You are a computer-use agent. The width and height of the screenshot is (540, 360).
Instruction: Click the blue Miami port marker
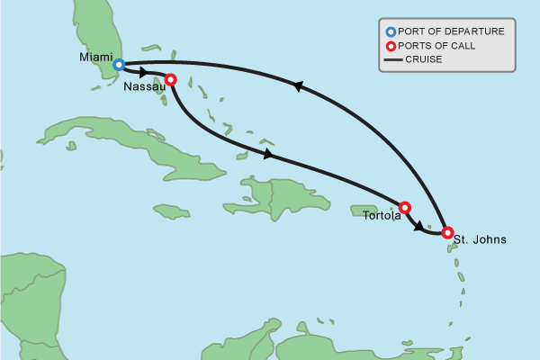pos(118,65)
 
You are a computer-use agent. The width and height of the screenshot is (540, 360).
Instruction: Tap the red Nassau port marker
pos(170,79)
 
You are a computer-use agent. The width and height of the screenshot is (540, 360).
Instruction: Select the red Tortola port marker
pos(404,207)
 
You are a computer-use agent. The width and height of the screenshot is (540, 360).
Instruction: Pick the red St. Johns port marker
pos(446,232)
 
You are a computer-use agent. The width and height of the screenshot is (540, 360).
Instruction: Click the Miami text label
pos(95,58)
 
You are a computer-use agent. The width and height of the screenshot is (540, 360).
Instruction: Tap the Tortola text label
pos(382,215)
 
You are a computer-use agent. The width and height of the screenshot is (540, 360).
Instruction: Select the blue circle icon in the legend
pos(390,31)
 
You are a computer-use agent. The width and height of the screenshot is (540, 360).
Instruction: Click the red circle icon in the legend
pos(390,46)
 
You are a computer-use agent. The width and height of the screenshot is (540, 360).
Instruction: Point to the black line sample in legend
pos(391,60)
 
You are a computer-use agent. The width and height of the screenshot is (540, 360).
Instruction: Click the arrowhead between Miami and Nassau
pos(144,72)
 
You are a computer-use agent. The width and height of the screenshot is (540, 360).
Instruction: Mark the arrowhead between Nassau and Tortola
pos(267,155)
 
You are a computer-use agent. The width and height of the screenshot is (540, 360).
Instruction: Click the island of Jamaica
pos(171,211)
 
